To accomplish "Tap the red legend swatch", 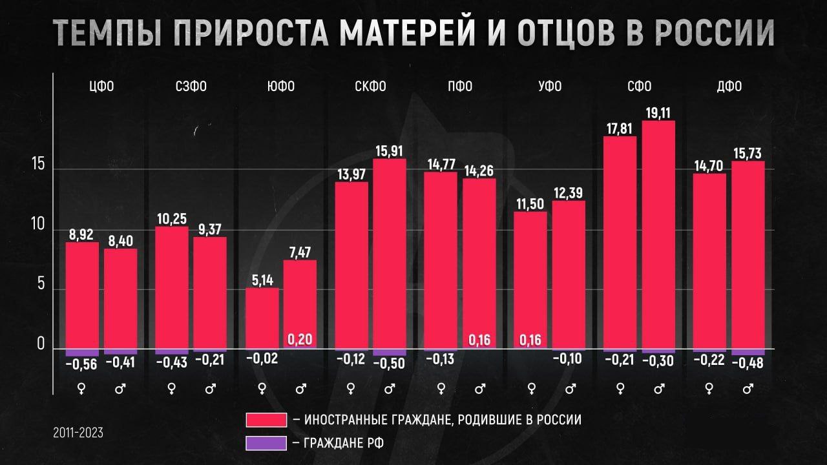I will [266, 420].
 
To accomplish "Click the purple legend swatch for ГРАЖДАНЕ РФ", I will [266, 444].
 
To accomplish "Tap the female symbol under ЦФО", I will [82, 389].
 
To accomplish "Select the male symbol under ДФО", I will [748, 389].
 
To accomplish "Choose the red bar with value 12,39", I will [569, 274].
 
